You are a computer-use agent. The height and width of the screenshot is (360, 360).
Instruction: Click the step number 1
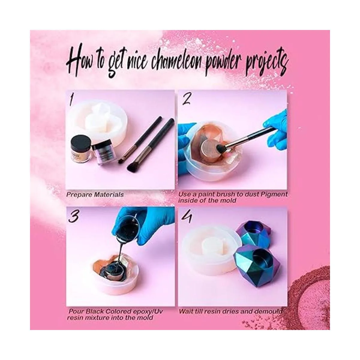coord(71,100)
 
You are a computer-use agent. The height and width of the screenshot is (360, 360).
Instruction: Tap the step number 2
coord(187,100)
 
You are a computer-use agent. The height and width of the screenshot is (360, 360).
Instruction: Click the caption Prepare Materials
coord(95,194)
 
